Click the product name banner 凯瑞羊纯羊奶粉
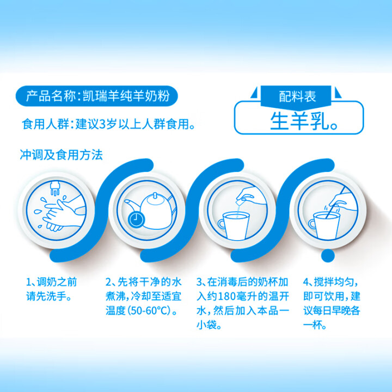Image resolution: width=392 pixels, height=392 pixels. coord(97,96)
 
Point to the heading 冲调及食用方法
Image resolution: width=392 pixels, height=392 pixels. coord(61,155)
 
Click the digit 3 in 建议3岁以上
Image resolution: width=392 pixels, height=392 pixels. coord(102,124)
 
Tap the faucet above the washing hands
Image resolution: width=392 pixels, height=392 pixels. coord(55,187)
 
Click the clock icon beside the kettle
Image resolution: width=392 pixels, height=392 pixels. coord(136,219)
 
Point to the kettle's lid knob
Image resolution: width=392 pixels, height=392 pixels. coord(155,195)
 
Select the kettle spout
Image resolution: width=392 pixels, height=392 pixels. coord(132,205)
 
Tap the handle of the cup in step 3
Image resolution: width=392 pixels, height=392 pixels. coord(222,224)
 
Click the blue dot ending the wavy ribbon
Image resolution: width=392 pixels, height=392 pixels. coord(328,255)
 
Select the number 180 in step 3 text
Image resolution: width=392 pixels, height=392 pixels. coord(227,297)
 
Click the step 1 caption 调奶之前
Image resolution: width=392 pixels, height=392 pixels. coord(57,282)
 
